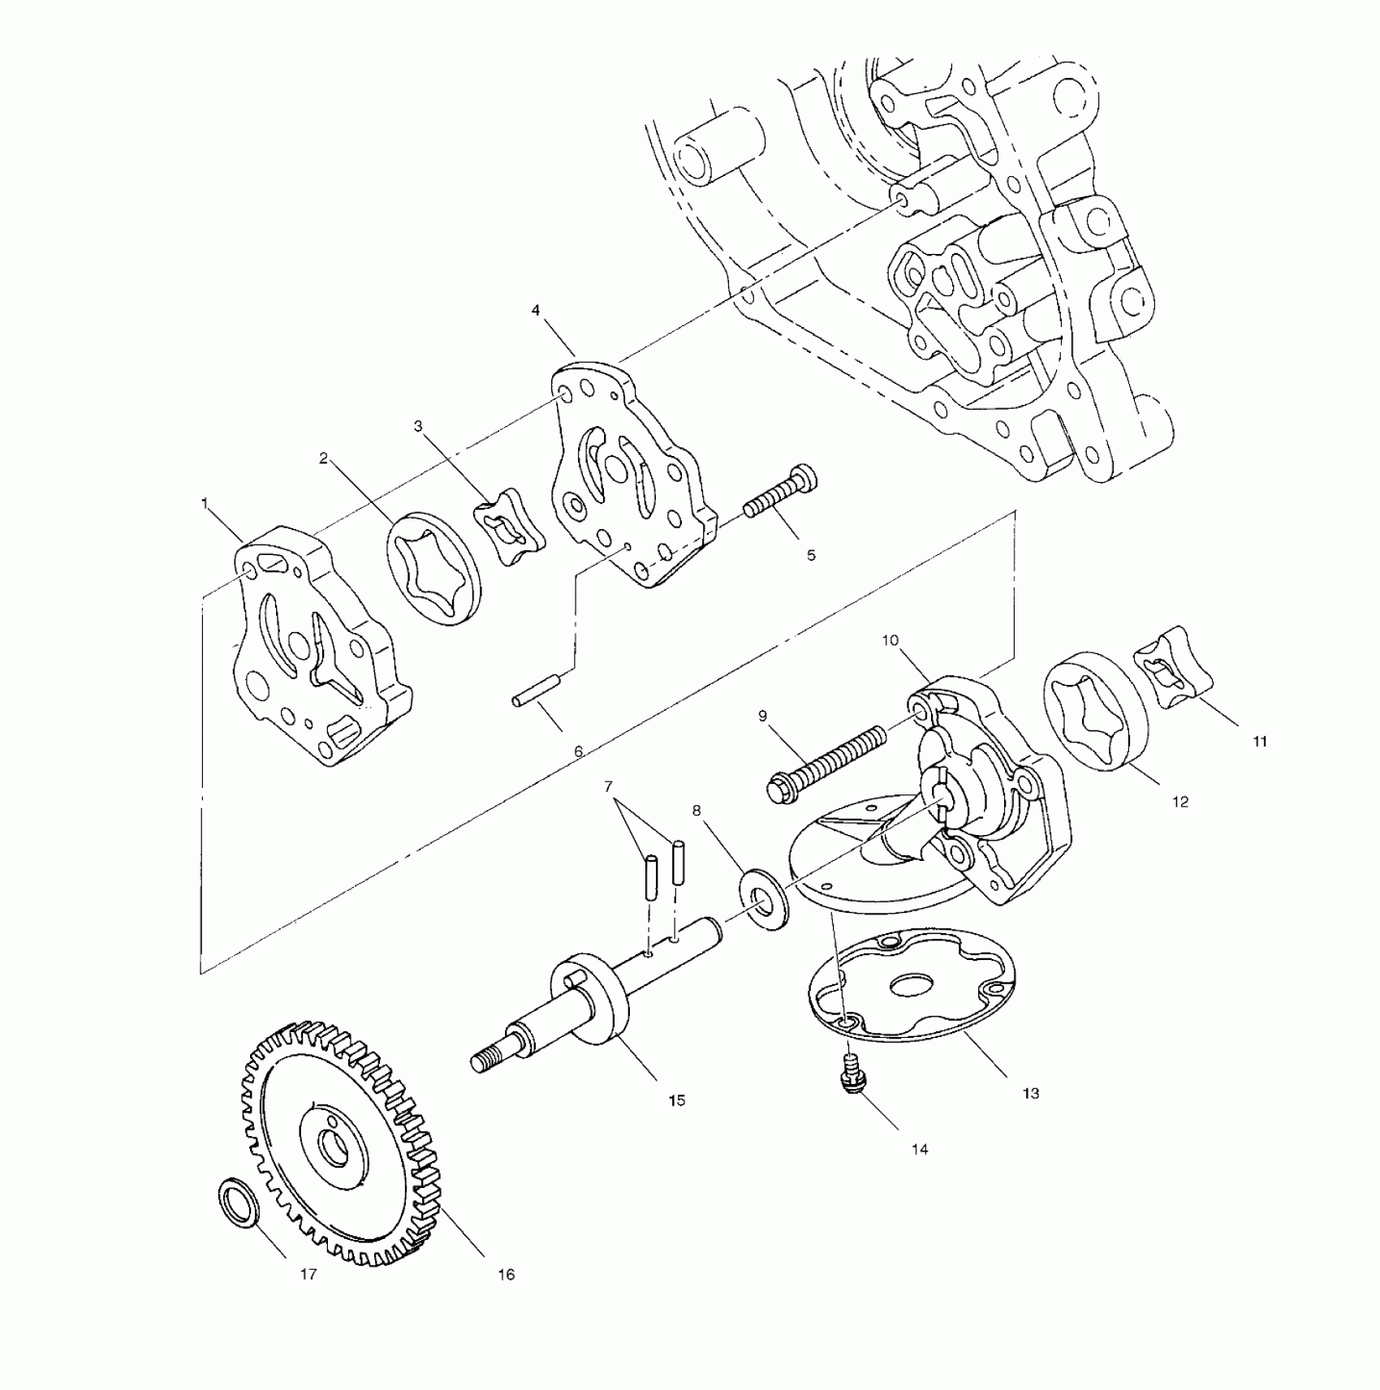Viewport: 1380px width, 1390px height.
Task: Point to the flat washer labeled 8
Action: [x=762, y=898]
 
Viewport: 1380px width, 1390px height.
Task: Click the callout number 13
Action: [x=1030, y=1093]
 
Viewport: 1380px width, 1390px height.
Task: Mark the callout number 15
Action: [x=676, y=1100]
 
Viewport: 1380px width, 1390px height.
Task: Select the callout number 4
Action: [x=535, y=310]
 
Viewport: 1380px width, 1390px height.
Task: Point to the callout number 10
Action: [x=891, y=640]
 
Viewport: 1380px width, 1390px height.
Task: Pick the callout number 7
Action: [x=608, y=786]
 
